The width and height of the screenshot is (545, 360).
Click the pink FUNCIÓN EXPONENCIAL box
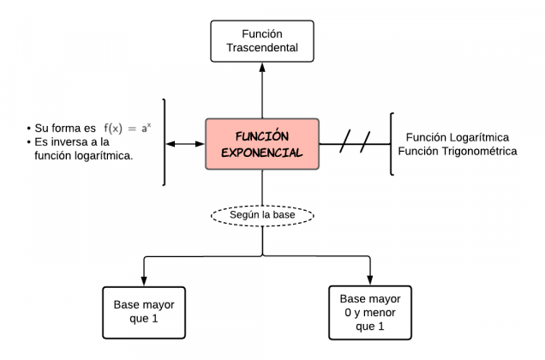click(x=262, y=144)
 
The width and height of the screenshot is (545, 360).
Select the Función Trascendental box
click(x=262, y=40)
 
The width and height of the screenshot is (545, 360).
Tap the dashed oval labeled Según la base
click(x=262, y=214)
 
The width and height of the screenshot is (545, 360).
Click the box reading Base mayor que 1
click(x=143, y=312)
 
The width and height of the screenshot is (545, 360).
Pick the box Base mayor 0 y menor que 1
click(x=370, y=312)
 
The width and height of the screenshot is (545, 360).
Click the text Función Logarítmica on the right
click(x=458, y=137)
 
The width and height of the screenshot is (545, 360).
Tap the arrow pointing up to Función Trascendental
click(x=262, y=90)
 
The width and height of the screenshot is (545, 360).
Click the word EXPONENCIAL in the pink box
click(x=262, y=153)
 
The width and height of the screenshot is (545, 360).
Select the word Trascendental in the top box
click(x=262, y=48)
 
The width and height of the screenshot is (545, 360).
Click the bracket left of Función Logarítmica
click(x=392, y=144)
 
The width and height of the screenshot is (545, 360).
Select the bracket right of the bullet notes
click(x=163, y=142)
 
